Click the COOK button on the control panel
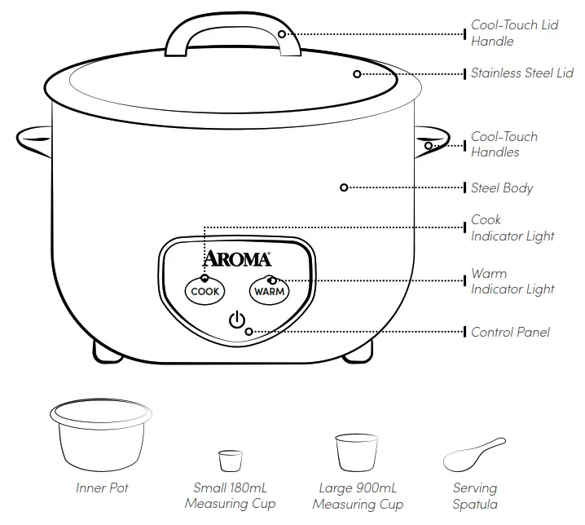[x=205, y=291]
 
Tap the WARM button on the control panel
[x=269, y=291]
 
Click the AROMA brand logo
[x=236, y=259]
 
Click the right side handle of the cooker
[x=434, y=141]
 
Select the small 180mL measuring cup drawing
[x=231, y=460]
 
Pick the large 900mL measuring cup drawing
[x=358, y=452]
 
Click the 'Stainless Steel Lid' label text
[x=522, y=73]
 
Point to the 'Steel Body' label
[x=502, y=188]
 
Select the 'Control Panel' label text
[x=510, y=333]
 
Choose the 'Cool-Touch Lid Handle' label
[x=514, y=33]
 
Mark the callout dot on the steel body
[x=344, y=187]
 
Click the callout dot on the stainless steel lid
[x=357, y=73]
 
